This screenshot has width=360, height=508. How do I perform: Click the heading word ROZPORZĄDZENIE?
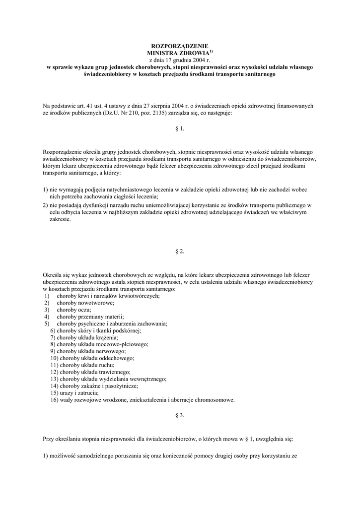click(180, 46)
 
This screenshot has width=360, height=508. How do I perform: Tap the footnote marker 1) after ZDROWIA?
click(211, 51)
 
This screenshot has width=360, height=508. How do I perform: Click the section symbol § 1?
click(180, 128)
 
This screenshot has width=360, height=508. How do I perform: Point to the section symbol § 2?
click(180, 252)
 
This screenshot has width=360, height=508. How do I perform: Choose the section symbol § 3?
click(180, 416)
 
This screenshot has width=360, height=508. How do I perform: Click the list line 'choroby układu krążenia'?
click(84, 337)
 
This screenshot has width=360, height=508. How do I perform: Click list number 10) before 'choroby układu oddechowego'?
click(55, 358)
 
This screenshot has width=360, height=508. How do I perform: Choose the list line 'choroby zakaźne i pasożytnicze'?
click(94, 385)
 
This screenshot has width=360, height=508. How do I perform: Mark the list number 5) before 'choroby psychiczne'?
click(47, 323)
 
